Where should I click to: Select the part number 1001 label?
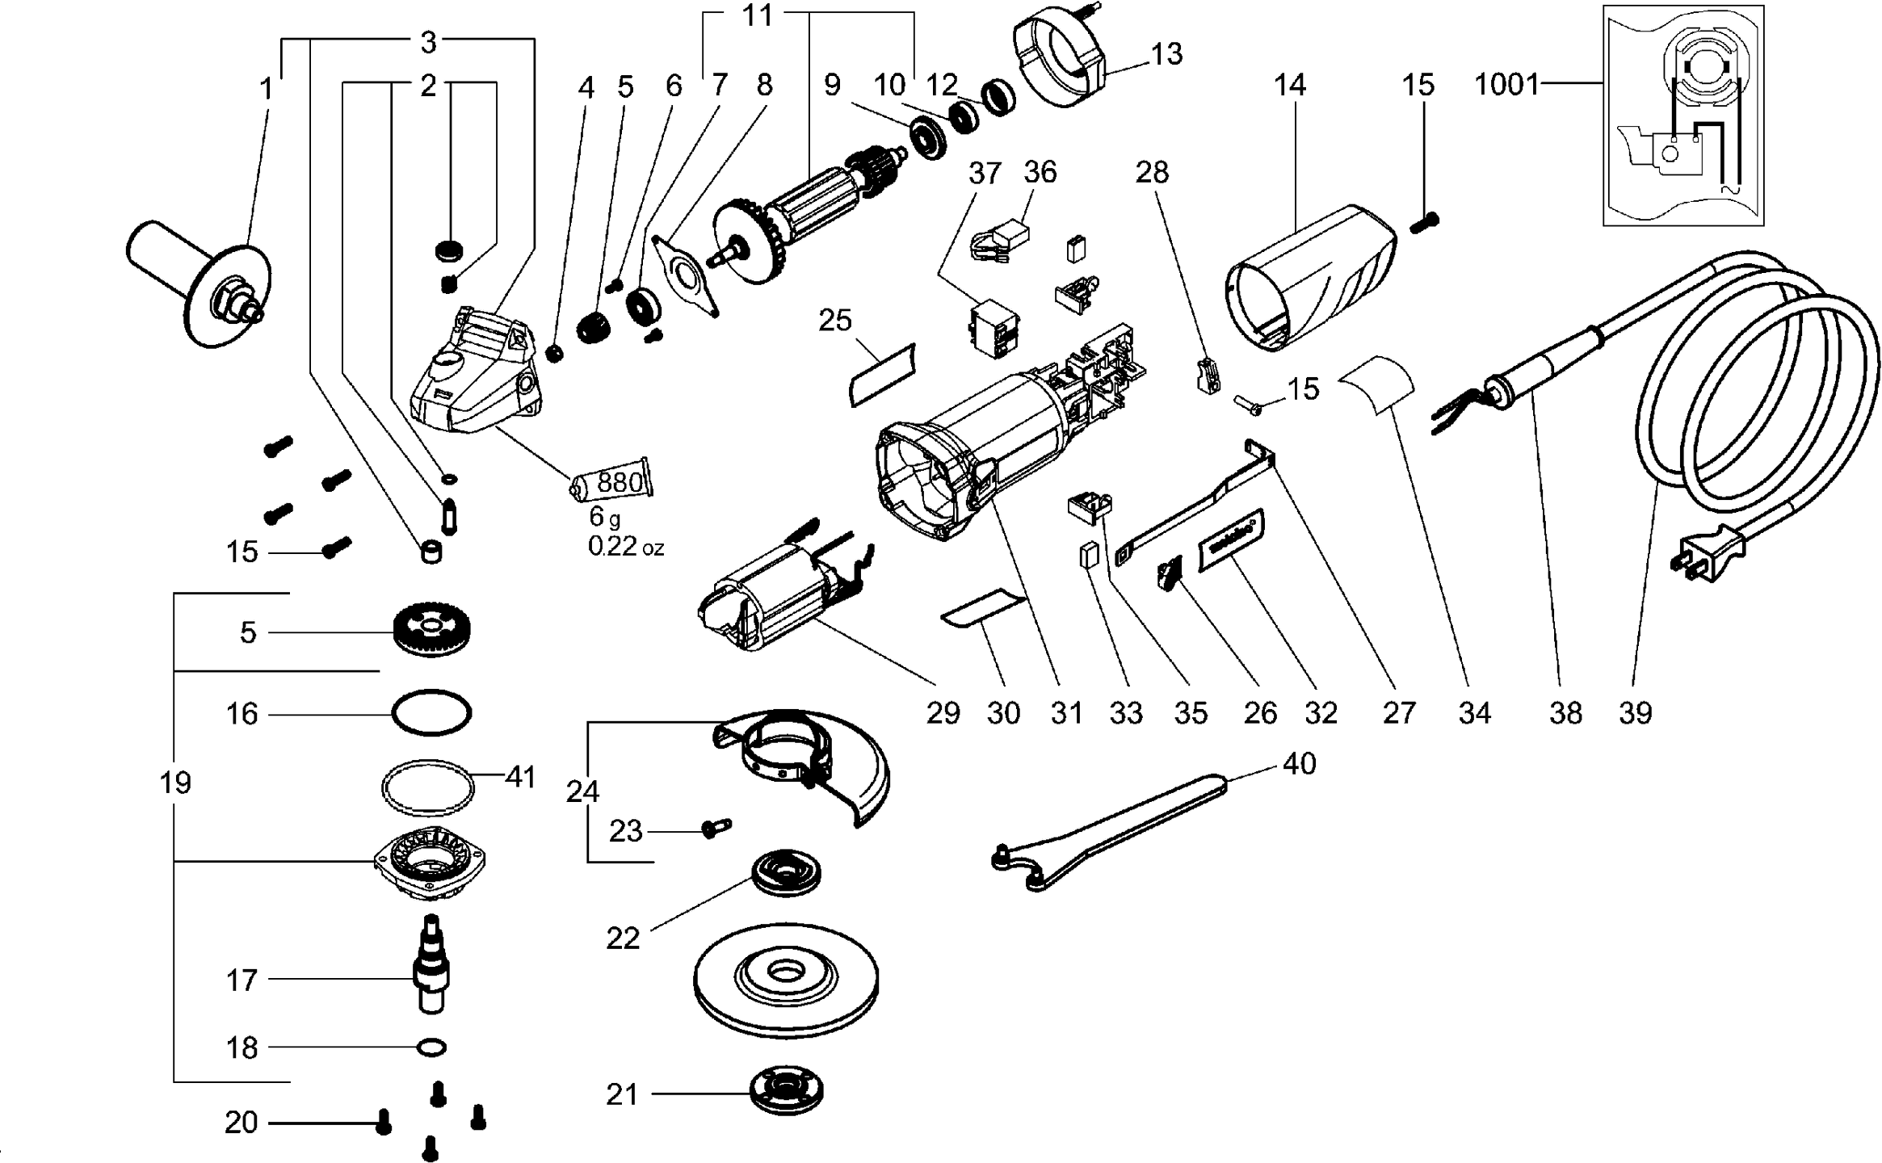1506,85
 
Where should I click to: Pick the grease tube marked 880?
612,483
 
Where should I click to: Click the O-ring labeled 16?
431,712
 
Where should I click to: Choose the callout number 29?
943,713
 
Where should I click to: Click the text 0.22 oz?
625,547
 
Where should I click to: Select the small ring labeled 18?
431,1048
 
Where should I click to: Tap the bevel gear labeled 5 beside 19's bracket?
433,631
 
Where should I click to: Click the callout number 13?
1166,54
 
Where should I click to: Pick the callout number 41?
520,777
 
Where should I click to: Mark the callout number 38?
1565,713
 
